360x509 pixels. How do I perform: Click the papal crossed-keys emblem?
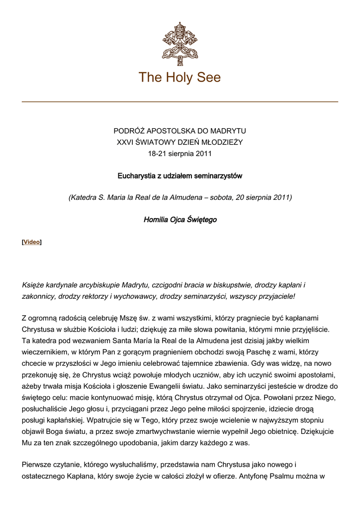[180, 43]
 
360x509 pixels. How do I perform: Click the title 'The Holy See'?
[180, 78]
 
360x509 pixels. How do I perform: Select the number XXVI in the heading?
[126, 142]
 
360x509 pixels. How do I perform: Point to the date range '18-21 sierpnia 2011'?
[180, 154]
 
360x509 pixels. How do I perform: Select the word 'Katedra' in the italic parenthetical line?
[85, 197]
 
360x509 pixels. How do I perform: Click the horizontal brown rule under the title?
[180, 102]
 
